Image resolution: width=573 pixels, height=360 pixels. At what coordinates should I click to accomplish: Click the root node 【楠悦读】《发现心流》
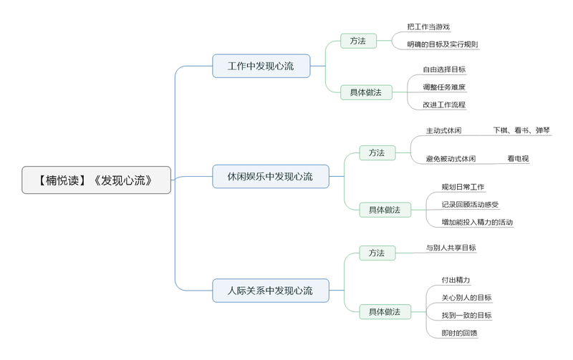click(x=96, y=180)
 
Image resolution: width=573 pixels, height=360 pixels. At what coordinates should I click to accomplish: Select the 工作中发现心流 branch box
click(x=261, y=66)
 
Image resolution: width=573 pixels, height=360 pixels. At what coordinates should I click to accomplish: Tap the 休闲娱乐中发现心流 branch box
click(x=270, y=176)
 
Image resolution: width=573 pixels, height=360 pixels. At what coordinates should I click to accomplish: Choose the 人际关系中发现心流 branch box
click(x=270, y=291)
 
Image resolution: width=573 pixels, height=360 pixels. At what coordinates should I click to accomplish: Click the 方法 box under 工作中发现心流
click(x=358, y=41)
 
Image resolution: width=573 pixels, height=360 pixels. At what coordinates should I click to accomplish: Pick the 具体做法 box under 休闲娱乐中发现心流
click(x=385, y=210)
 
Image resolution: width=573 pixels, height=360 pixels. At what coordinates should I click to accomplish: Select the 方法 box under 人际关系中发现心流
click(x=377, y=253)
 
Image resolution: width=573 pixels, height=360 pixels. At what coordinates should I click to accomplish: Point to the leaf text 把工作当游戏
click(x=428, y=26)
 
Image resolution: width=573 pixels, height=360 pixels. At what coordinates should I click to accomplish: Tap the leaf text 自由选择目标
click(x=444, y=69)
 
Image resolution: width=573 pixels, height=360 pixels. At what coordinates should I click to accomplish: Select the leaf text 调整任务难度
click(x=444, y=87)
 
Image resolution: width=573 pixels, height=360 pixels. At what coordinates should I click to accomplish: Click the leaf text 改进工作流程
click(x=444, y=104)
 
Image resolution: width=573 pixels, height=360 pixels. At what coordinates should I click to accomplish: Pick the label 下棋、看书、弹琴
click(x=521, y=130)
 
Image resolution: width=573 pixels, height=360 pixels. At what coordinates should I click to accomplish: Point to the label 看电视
click(x=518, y=159)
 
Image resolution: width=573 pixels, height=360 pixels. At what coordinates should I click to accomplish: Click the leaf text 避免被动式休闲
click(x=451, y=159)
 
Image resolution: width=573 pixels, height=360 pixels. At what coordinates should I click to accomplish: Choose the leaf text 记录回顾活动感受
click(x=470, y=205)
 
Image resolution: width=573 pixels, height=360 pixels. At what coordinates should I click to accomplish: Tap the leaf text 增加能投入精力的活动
click(x=477, y=222)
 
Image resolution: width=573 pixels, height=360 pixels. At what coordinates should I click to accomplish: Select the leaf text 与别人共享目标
click(x=451, y=248)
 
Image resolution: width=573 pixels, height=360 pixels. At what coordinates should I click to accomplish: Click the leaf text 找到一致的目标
click(x=466, y=315)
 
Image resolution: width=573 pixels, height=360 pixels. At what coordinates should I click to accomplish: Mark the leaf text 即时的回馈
click(x=459, y=333)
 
